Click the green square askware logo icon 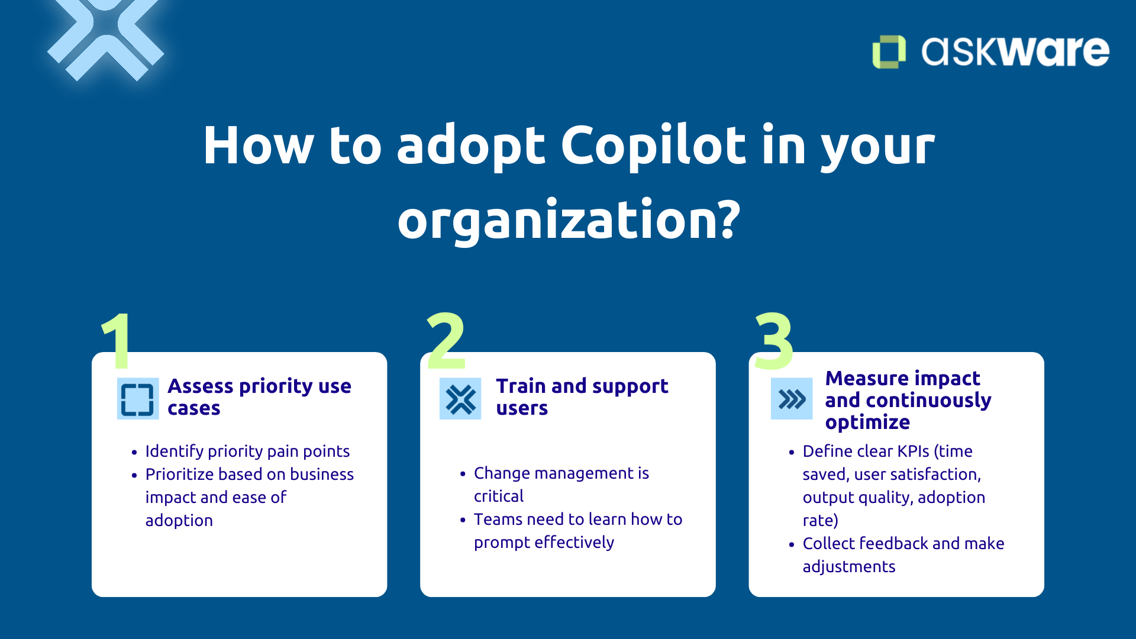pos(889,51)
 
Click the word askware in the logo pos(1015,51)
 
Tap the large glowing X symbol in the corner pos(105,37)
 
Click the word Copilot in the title pos(653,146)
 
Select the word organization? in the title pos(569,220)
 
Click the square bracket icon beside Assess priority pos(137,399)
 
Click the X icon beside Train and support pos(460,399)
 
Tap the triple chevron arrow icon pos(792,399)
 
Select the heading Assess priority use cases pos(259,397)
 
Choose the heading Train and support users pos(582,397)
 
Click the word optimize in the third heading pos(867,422)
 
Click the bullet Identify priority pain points pos(247,451)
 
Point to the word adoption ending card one pos(179,521)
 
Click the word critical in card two pos(498,496)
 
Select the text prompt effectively pos(544,543)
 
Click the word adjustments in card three pos(848,567)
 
